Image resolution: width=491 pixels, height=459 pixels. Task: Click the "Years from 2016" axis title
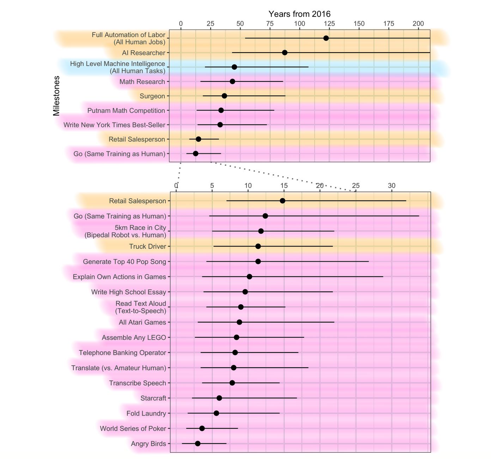pos(299,14)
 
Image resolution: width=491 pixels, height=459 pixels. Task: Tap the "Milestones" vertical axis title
pos(56,96)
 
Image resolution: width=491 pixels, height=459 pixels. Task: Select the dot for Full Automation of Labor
pos(326,38)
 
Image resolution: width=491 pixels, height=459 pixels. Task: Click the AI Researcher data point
pos(285,53)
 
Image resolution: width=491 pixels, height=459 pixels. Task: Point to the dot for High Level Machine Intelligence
pos(234,67)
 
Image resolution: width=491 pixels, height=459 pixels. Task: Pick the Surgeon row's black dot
pos(224,96)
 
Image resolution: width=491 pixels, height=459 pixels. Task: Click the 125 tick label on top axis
pos(329,24)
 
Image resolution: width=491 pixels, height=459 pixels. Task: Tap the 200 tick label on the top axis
pos(418,24)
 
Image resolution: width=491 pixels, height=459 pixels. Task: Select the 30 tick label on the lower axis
pos(392,186)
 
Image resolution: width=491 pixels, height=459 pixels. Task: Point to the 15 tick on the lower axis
pos(284,186)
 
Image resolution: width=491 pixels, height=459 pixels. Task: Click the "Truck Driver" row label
pos(147,246)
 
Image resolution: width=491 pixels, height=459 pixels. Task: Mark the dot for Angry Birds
pos(198,443)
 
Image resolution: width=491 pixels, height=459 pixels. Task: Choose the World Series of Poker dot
pos(202,428)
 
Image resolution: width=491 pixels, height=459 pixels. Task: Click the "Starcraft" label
pos(153,398)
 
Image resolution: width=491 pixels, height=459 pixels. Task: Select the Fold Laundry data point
pos(216,413)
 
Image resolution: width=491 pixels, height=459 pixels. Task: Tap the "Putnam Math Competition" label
pos(126,111)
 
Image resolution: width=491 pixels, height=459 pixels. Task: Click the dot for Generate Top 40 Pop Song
pos(258,261)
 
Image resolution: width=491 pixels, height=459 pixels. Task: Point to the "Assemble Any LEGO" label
pos(134,338)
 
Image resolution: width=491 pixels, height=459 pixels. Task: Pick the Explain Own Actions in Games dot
pos(249,276)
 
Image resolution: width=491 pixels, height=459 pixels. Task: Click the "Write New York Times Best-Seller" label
pos(114,125)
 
